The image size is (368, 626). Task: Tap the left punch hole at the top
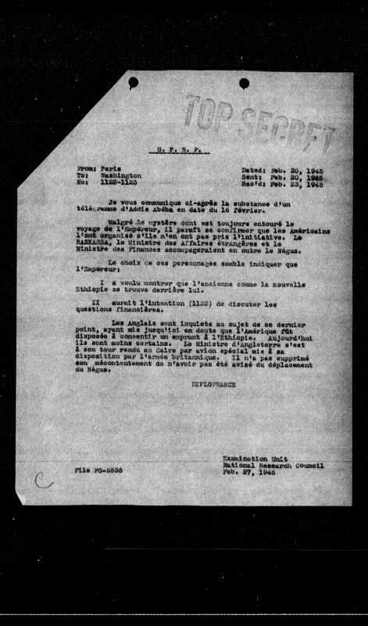point(133,81)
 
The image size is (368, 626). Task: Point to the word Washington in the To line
point(120,176)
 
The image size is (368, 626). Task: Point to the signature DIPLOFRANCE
point(212,385)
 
